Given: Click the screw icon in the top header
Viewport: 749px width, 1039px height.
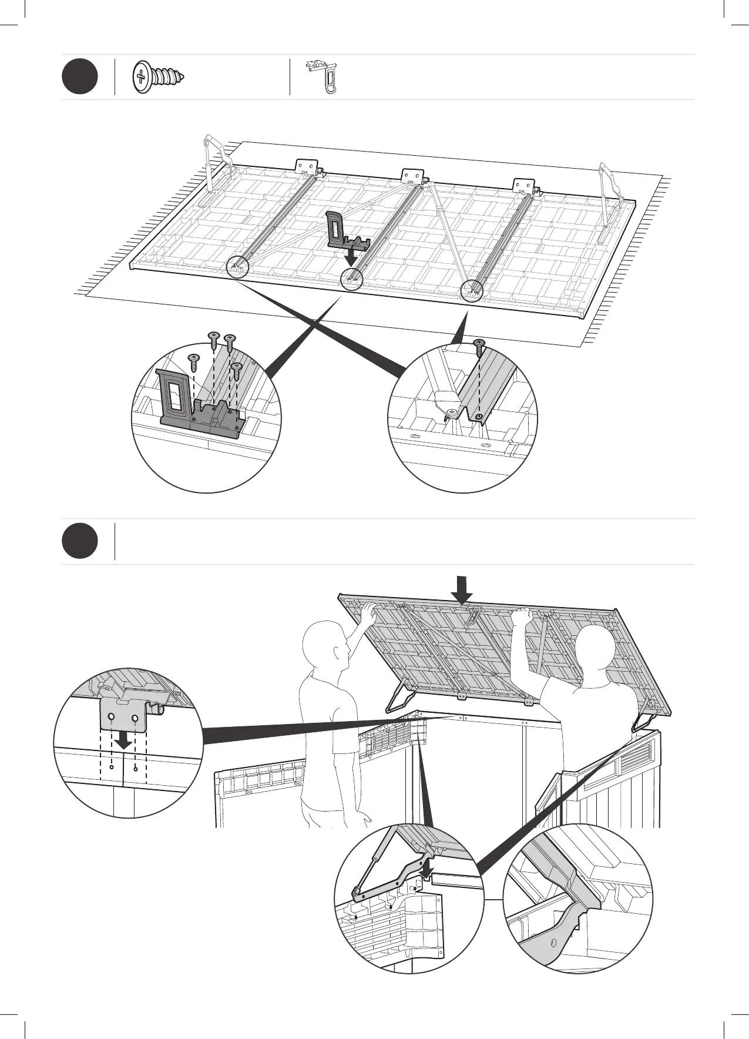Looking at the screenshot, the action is tap(159, 77).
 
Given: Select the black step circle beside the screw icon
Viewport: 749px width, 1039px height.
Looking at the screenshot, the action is tap(79, 77).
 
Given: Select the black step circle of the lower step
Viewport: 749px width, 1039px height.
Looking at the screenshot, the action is tap(79, 541).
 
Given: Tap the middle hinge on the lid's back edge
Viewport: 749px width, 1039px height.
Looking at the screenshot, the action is tap(413, 177).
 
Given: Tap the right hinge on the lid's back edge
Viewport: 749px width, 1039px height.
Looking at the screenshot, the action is tap(524, 186).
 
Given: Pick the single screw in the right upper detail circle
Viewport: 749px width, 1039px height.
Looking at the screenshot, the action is tap(480, 348).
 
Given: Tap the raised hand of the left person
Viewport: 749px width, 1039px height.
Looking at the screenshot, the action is tap(369, 614).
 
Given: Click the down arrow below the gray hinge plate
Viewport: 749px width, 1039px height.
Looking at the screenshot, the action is tap(123, 742).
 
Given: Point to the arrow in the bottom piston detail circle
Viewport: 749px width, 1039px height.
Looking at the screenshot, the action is tap(428, 867).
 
